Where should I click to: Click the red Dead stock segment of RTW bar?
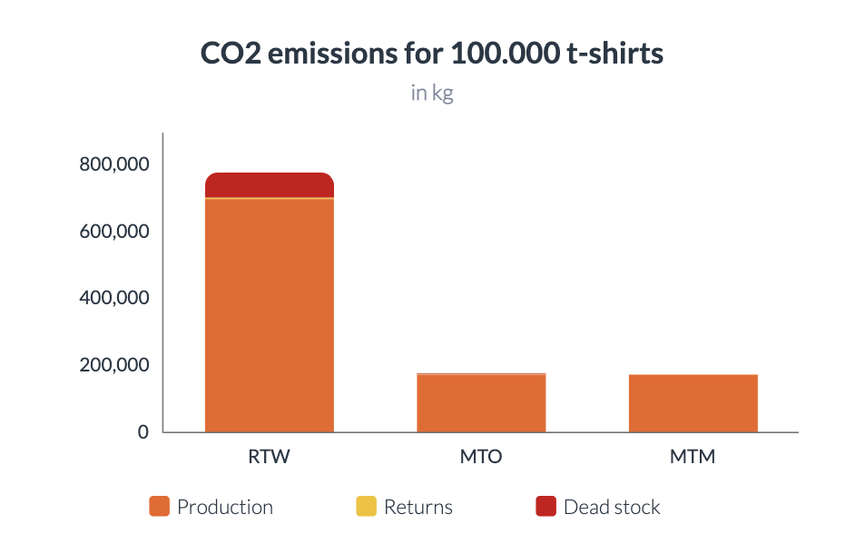[270, 184]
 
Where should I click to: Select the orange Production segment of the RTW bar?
[270, 314]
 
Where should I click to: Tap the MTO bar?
[481, 403]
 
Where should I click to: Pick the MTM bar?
[693, 403]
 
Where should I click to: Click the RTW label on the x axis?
[270, 457]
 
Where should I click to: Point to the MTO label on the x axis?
[481, 457]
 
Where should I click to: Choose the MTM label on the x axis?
[693, 457]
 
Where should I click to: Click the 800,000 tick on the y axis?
[113, 164]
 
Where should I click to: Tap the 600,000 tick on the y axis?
[113, 232]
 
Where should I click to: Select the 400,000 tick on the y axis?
[113, 298]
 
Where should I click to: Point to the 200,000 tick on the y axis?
[113, 365]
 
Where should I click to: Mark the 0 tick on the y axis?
[142, 432]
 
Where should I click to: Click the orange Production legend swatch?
[159, 507]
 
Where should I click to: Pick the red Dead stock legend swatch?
[545, 507]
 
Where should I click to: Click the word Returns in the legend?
[418, 507]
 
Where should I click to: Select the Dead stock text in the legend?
[612, 507]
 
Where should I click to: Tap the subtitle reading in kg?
[432, 94]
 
